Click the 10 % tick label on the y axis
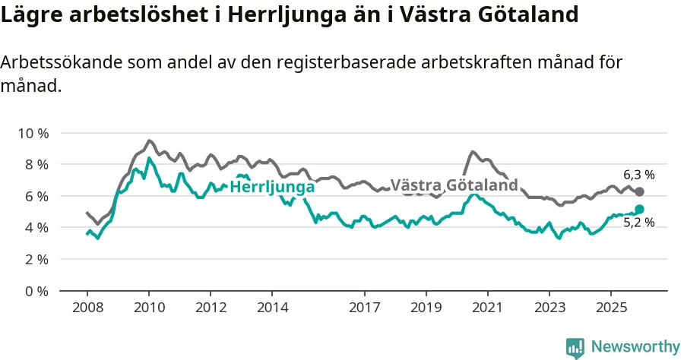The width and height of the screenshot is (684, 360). point(33,133)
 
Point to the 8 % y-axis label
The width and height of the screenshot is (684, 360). point(36,165)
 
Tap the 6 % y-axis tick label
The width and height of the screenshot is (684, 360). point(36,196)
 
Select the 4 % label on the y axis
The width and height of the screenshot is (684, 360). point(36,228)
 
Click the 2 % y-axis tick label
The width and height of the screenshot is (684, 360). point(36,259)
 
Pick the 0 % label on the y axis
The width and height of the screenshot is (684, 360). point(36,291)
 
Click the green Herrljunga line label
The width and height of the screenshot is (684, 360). point(272,187)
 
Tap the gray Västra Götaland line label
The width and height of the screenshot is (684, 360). point(454,185)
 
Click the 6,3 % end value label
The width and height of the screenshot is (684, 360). point(639,175)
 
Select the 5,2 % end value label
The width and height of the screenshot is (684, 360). point(639,223)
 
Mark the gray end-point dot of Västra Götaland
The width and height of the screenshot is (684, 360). point(639,192)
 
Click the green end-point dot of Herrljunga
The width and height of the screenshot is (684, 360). point(639,209)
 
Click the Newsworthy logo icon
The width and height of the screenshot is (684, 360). point(575,348)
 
